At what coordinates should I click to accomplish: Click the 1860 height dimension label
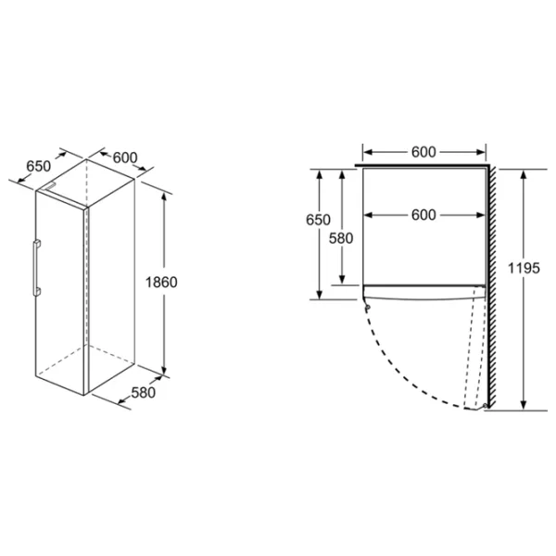[161, 283]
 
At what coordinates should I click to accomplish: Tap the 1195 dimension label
[524, 268]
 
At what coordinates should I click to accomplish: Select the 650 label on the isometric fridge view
[39, 166]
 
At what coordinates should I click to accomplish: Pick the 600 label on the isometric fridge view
[125, 158]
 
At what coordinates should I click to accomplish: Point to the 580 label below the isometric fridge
[144, 393]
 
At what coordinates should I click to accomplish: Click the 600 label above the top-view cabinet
[423, 152]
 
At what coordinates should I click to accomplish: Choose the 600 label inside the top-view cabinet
[423, 215]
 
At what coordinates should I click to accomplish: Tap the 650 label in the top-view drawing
[318, 220]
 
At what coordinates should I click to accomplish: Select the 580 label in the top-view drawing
[341, 238]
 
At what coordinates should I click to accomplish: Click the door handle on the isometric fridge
[36, 268]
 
